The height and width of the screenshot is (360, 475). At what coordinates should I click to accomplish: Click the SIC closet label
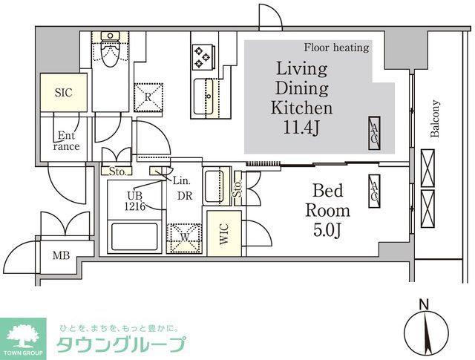pos(63,94)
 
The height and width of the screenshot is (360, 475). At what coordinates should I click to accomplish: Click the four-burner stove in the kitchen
pos(202,55)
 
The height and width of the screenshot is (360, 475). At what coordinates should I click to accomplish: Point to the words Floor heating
pos(335,48)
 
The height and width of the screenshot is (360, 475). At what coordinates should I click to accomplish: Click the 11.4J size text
pos(301,128)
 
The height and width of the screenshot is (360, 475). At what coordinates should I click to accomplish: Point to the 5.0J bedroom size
pos(327,231)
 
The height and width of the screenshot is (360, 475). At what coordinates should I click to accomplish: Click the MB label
pos(61,257)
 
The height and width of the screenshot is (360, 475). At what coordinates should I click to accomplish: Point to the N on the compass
pos(423,304)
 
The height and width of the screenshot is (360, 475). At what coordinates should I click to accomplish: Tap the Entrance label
pos(67,141)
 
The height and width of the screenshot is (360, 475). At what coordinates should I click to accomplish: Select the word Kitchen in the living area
pos(301,108)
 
